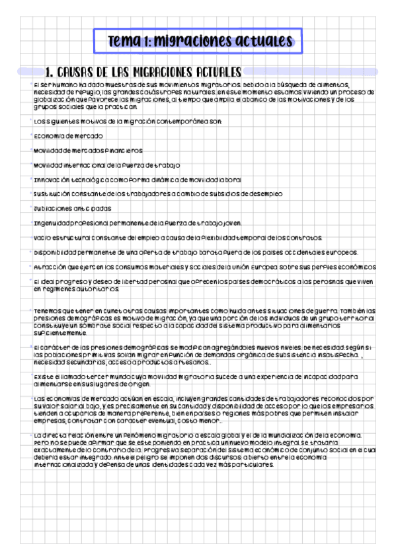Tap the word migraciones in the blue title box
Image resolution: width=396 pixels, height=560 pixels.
[x=190, y=41]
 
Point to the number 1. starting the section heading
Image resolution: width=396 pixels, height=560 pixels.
[x=48, y=71]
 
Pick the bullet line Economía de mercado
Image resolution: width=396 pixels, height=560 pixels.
[x=68, y=135]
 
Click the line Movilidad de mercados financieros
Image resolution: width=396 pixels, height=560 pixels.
[x=88, y=151]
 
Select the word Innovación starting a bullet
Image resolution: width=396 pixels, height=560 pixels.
[x=50, y=180]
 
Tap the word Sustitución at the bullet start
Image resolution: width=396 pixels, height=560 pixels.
[x=51, y=194]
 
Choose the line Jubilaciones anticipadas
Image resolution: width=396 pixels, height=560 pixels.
[x=72, y=209]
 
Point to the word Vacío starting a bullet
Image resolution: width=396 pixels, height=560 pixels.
[x=42, y=238]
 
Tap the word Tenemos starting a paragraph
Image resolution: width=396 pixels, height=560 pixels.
[x=50, y=310]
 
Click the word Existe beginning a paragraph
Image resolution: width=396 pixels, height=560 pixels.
[x=44, y=376]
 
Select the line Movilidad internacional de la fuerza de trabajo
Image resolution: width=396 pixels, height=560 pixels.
[x=106, y=165]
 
